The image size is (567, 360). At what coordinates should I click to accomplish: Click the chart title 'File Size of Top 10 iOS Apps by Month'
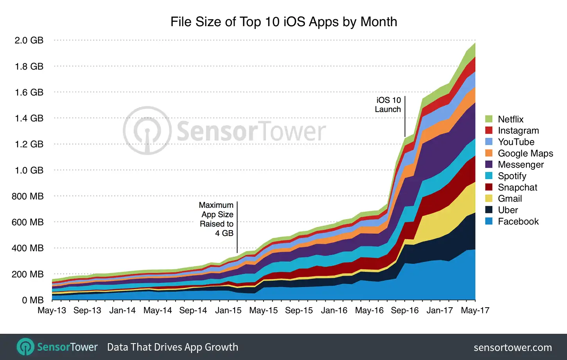click(x=283, y=22)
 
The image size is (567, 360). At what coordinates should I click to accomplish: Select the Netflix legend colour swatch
click(x=489, y=119)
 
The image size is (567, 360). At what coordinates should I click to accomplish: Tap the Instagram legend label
click(x=518, y=131)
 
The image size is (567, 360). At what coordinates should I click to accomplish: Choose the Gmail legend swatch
click(x=489, y=198)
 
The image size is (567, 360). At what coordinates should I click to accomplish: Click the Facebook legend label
click(x=518, y=221)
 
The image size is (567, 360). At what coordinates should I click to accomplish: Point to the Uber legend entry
click(x=508, y=210)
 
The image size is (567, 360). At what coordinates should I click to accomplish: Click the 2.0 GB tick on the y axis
click(x=29, y=40)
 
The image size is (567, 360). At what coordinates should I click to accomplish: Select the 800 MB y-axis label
click(x=27, y=196)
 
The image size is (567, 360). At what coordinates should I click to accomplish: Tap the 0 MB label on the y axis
click(x=32, y=300)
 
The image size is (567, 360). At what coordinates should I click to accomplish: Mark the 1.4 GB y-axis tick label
click(x=29, y=118)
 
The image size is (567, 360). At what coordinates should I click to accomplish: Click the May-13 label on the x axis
click(x=52, y=310)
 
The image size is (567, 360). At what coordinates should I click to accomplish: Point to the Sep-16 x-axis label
click(x=404, y=310)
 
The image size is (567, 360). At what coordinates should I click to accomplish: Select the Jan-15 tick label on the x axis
click(x=228, y=310)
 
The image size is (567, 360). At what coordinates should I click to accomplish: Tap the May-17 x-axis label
click(x=475, y=310)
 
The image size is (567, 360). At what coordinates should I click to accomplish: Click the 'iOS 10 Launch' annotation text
click(x=388, y=105)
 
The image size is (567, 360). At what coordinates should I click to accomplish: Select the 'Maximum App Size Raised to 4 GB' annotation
click(x=216, y=219)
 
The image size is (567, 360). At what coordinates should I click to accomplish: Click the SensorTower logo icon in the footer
click(x=25, y=347)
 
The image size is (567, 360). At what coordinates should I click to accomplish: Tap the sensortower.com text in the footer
click(x=513, y=347)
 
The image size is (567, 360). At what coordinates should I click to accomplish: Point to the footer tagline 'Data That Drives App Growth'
click(x=172, y=347)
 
